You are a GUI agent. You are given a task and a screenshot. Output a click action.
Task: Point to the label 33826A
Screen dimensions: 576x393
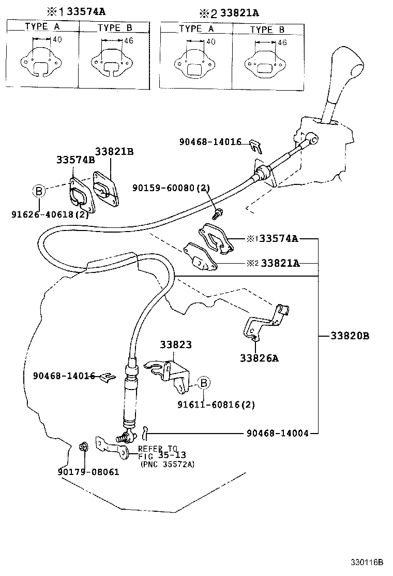coord(259,357)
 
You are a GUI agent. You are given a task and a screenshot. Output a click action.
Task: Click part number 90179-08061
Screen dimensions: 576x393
coord(88,472)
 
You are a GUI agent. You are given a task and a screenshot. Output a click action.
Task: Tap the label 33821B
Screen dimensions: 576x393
coord(114,151)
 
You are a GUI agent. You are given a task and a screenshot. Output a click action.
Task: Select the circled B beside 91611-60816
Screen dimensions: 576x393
coord(204,383)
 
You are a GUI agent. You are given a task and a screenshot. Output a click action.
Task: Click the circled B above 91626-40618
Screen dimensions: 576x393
coord(39,192)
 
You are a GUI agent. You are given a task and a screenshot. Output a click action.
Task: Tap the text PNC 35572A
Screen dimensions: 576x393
coord(167,464)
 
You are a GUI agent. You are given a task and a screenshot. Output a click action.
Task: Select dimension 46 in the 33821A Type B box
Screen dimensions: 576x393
coord(282,42)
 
